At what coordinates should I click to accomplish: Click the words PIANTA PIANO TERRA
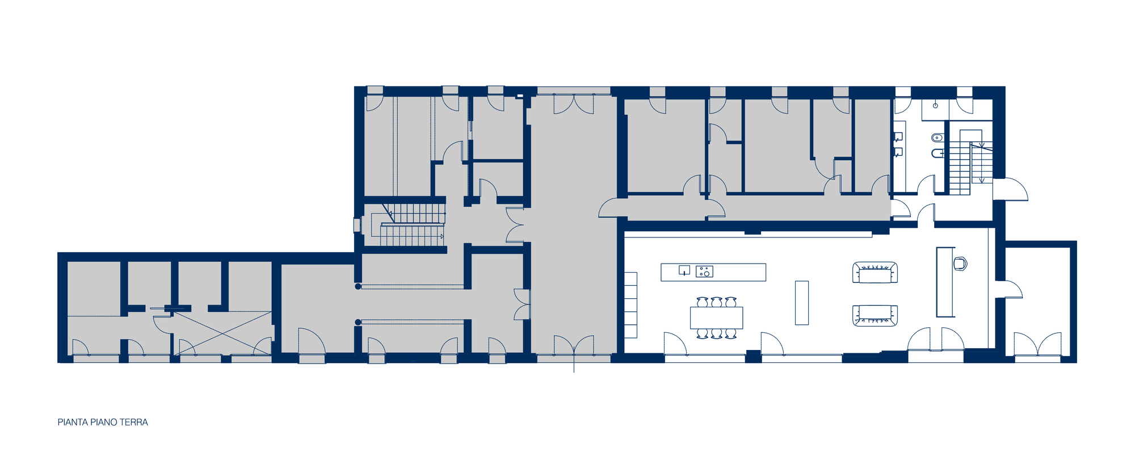click(103, 422)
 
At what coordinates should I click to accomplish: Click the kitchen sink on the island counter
click(684, 270)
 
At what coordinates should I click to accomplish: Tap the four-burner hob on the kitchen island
click(704, 272)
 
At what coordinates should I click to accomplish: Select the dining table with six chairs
click(716, 318)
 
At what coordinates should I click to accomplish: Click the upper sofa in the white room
click(875, 273)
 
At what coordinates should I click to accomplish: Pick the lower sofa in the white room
click(875, 315)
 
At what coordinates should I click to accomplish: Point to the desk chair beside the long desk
click(960, 264)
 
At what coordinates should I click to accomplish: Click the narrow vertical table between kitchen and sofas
click(801, 302)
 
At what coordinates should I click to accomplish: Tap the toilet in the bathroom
click(937, 153)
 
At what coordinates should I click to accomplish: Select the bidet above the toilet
click(937, 137)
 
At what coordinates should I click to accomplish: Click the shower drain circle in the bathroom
click(935, 105)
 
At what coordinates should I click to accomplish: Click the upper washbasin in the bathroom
click(898, 137)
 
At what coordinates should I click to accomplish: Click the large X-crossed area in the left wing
click(222, 333)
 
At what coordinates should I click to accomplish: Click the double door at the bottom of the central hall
click(574, 347)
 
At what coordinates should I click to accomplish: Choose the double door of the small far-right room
click(1037, 345)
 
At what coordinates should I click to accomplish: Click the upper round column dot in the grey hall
click(358, 286)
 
